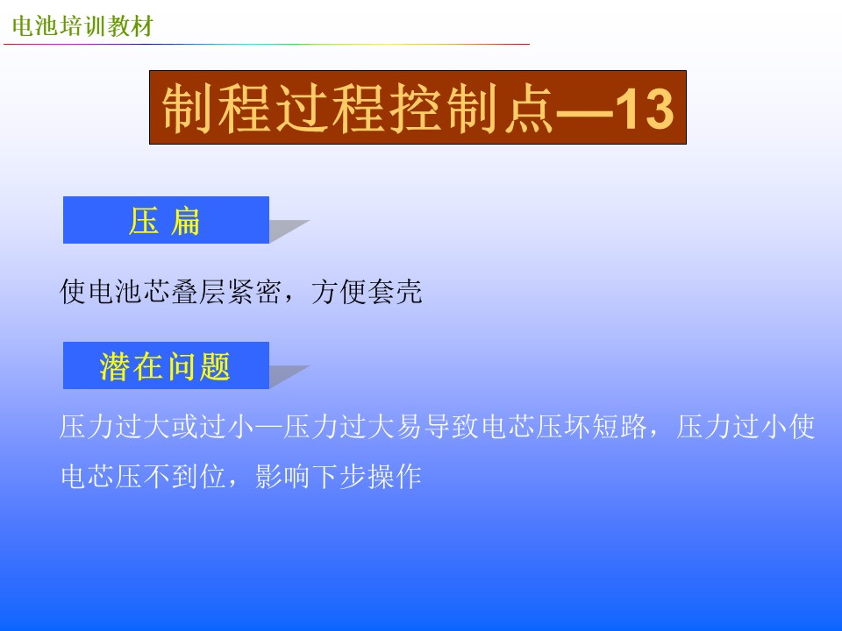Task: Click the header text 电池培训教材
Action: [82, 26]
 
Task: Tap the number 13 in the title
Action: [644, 109]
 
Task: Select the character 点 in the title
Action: [528, 109]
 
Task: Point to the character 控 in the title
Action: [415, 109]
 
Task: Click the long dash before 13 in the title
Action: [584, 113]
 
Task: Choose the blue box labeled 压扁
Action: [166, 220]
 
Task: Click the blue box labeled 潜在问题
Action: [166, 365]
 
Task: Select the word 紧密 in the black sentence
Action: [254, 292]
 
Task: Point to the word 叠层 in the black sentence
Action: [199, 292]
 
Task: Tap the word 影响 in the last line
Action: [282, 477]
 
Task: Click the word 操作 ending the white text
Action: [395, 477]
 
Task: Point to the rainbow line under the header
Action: [267, 44]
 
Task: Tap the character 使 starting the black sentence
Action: [73, 292]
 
